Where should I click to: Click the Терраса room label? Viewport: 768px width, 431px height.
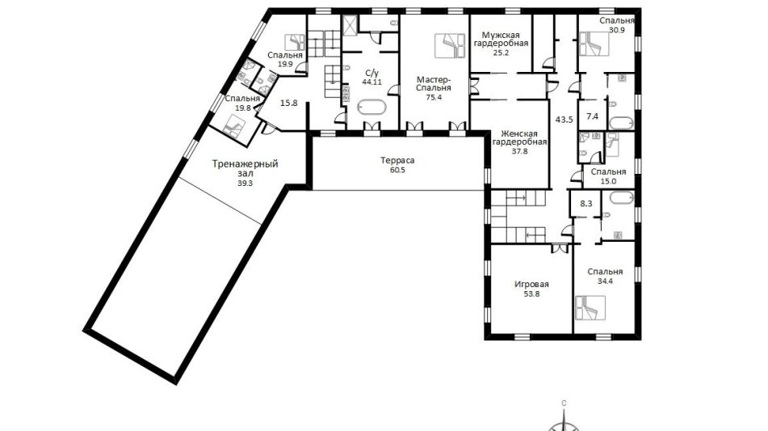click(397, 160)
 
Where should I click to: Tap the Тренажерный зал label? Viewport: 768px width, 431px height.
click(245, 168)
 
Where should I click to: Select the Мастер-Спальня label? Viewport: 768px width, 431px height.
click(434, 84)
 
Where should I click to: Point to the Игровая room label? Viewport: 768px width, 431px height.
click(531, 285)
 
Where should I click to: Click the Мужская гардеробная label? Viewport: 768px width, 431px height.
click(504, 40)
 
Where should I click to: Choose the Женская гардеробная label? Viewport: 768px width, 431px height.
click(519, 137)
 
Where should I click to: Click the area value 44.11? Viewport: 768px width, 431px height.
click(371, 82)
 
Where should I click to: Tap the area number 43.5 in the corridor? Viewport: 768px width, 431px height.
click(564, 119)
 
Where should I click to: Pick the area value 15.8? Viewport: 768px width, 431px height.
click(288, 103)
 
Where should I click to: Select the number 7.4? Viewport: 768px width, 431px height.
click(592, 116)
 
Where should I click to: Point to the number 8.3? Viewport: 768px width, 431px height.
click(585, 202)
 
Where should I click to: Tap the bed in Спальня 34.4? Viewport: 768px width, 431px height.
click(590, 307)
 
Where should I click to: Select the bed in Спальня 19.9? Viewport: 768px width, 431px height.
click(296, 42)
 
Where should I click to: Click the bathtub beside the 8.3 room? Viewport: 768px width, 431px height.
click(618, 199)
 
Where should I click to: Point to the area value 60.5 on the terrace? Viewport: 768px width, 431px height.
click(397, 170)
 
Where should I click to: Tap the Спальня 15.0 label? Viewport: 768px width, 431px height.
click(608, 176)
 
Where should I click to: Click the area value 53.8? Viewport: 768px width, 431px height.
click(531, 294)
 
